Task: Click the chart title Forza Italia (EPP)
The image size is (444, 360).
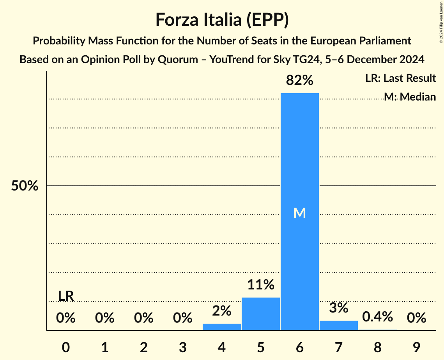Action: click(222, 19)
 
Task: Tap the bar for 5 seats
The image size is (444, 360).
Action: click(261, 314)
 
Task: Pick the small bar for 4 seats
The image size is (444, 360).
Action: click(222, 326)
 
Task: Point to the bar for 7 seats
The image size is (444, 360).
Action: click(339, 325)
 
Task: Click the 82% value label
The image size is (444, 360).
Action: click(300, 80)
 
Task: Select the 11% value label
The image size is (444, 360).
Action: click(261, 285)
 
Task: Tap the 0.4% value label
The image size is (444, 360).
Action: click(377, 317)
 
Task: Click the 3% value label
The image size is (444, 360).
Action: click(338, 308)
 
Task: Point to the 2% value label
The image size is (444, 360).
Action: click(222, 311)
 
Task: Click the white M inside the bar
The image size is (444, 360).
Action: click(300, 213)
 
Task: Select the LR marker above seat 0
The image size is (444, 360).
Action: click(66, 296)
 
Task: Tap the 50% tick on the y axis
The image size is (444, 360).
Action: click(25, 186)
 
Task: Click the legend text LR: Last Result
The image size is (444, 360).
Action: click(400, 78)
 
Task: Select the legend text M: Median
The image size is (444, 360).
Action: click(410, 97)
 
